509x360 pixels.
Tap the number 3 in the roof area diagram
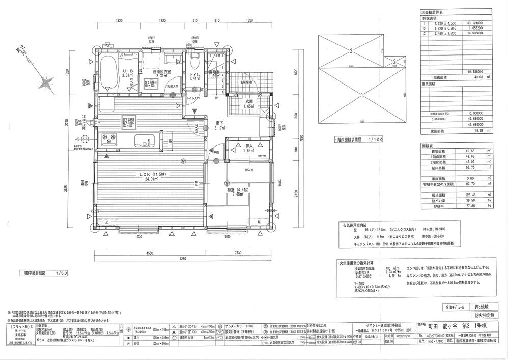point(351,50)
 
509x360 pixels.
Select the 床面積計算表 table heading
point(432,11)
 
